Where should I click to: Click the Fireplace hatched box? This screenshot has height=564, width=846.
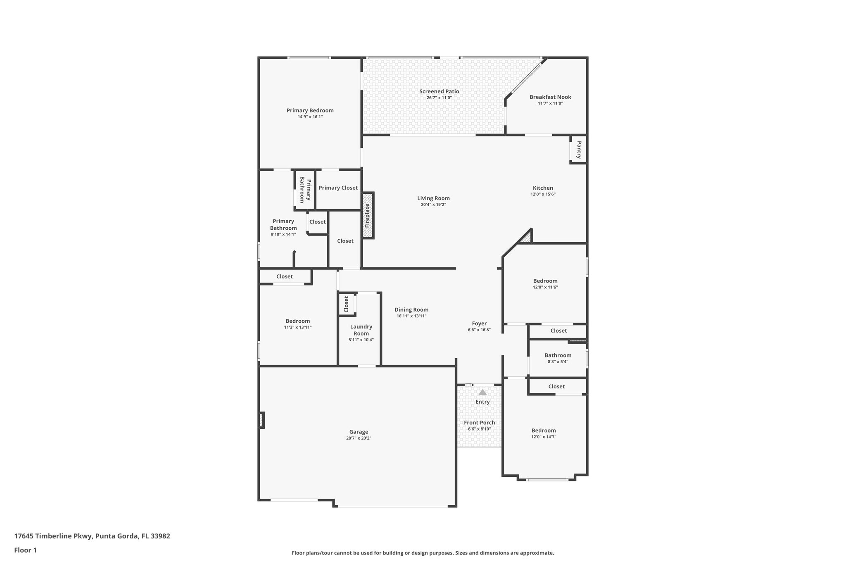367,215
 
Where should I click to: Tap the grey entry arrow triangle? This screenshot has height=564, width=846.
482,392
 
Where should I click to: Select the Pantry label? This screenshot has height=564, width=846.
579,150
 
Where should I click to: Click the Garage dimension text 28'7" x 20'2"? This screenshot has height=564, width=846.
359,438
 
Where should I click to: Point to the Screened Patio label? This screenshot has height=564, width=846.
439,91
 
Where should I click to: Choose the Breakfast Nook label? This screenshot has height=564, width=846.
550,97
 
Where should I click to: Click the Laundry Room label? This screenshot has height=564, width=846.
361,330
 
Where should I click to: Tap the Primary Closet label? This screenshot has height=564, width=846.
338,188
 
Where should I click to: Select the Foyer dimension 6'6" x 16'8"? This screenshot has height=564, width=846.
479,330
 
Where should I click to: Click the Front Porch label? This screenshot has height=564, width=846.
479,423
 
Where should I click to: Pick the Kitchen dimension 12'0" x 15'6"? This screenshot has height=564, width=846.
543,194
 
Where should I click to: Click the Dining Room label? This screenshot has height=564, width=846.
411,309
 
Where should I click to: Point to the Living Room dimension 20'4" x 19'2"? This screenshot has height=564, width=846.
433,205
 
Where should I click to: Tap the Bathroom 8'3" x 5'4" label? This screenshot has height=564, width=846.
558,355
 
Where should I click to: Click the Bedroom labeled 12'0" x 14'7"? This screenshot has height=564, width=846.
544,431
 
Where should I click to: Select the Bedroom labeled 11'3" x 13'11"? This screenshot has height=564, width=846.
297,321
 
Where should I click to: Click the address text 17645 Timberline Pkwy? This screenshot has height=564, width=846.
54,536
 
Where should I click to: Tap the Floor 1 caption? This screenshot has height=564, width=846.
25,550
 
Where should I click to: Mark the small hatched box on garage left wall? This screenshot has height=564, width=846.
261,420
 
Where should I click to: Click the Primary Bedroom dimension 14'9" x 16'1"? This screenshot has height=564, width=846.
310,117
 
